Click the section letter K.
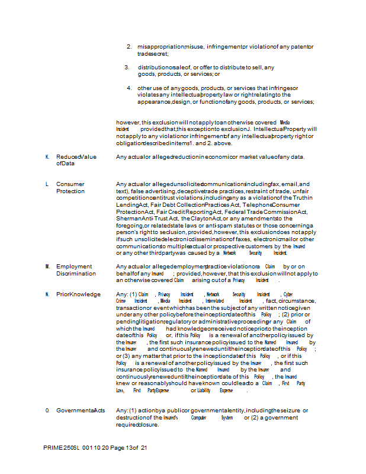(47, 157)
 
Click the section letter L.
(47, 184)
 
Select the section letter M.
(47, 267)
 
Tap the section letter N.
(47, 294)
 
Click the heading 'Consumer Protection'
(70, 188)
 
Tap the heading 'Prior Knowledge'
(78, 294)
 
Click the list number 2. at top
(129, 46)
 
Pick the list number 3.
(127, 67)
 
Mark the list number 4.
(129, 88)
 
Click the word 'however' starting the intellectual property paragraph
(128, 122)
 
